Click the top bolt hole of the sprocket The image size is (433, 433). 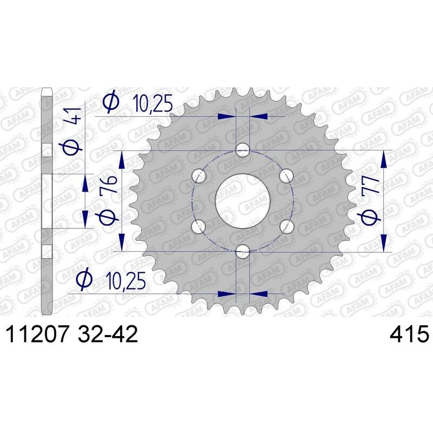[244, 149]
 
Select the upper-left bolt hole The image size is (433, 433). [200, 175]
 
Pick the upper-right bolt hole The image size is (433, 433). [287, 175]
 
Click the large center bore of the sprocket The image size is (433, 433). [244, 200]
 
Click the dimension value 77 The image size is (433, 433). [371, 187]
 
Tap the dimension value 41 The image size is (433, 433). [74, 116]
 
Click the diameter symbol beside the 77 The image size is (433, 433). [371, 216]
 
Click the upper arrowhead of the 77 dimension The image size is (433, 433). [384, 158]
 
